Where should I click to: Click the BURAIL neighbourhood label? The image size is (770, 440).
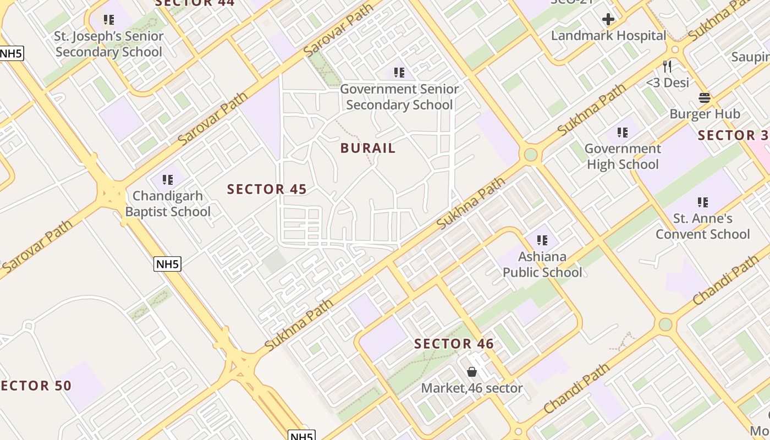[368, 148]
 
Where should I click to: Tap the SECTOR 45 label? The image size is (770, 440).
[267, 189]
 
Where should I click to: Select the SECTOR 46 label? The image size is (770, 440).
[454, 344]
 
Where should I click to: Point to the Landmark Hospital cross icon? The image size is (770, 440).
[608, 20]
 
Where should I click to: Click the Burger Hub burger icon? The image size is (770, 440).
[705, 98]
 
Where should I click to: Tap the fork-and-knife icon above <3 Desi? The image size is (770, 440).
[667, 67]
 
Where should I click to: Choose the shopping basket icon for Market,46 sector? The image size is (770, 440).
[471, 372]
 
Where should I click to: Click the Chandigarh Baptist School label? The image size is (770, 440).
[168, 204]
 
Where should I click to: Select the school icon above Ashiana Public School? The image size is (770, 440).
[542, 240]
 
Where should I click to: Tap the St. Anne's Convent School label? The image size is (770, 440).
[702, 226]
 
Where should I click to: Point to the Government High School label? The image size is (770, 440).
[623, 156]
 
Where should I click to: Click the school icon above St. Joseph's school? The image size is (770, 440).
[109, 20]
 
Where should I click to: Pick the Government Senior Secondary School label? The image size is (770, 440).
[399, 97]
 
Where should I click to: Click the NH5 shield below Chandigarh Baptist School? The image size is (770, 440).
[167, 264]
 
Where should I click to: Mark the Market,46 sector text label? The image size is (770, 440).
[472, 388]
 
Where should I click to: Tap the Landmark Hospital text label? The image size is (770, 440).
[608, 36]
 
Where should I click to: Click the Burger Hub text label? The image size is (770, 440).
[705, 114]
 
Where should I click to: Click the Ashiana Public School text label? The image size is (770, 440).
[542, 265]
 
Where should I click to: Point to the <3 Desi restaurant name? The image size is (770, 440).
[667, 82]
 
